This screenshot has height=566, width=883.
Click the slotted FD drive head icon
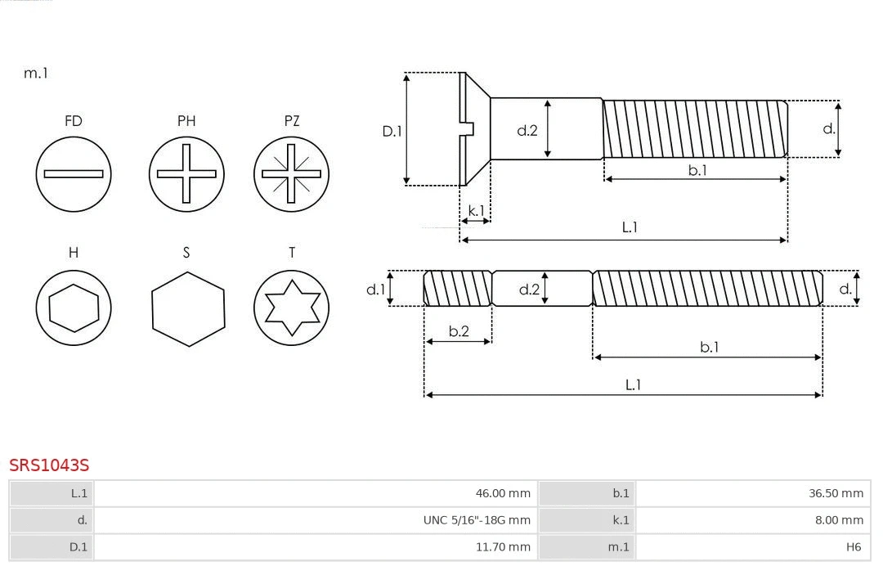(x=74, y=173)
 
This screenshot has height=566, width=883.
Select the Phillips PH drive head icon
(x=186, y=173)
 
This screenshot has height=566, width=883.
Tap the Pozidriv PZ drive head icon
(x=291, y=173)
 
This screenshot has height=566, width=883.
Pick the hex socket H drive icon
(x=74, y=308)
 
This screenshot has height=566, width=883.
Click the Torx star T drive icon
(x=291, y=308)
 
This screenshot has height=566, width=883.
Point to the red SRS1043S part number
(x=49, y=465)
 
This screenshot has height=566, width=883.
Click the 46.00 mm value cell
(x=315, y=493)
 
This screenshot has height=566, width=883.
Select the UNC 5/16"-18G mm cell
(x=315, y=520)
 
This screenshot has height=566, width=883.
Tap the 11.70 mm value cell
(x=315, y=546)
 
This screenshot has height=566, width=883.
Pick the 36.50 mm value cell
(x=751, y=493)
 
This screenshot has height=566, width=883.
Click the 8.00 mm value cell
(x=751, y=520)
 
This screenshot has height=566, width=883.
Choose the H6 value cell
(x=751, y=546)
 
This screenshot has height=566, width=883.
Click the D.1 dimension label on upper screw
(x=392, y=130)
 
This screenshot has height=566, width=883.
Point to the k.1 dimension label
(x=475, y=211)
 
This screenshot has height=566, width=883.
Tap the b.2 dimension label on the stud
(x=459, y=331)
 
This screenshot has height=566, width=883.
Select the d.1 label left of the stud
(x=375, y=289)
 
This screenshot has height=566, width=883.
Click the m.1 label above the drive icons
(x=36, y=73)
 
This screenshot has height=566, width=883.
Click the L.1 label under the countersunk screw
(x=630, y=227)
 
